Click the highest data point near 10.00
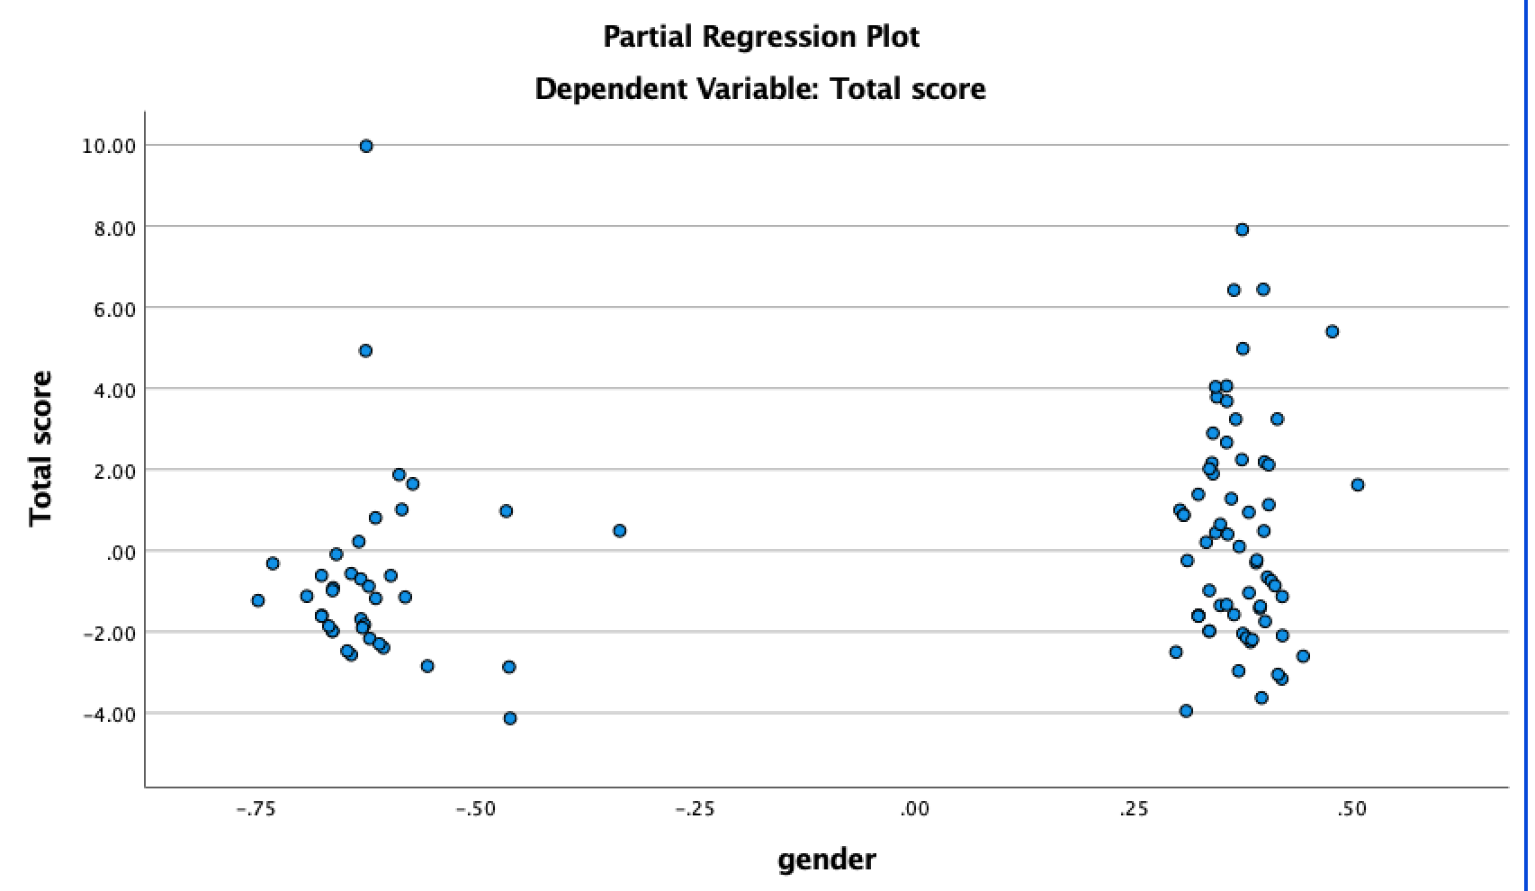366,146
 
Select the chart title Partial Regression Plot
761,37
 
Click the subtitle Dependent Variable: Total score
760,89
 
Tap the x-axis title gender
826,859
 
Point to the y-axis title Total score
40,448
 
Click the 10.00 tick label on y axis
108,146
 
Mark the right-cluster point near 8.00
1242,229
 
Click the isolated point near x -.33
619,531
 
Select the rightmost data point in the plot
1358,485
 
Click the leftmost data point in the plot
258,600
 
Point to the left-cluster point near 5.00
365,351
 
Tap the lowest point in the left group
510,718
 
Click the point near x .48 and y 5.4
1333,331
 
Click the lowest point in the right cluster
1186,711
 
